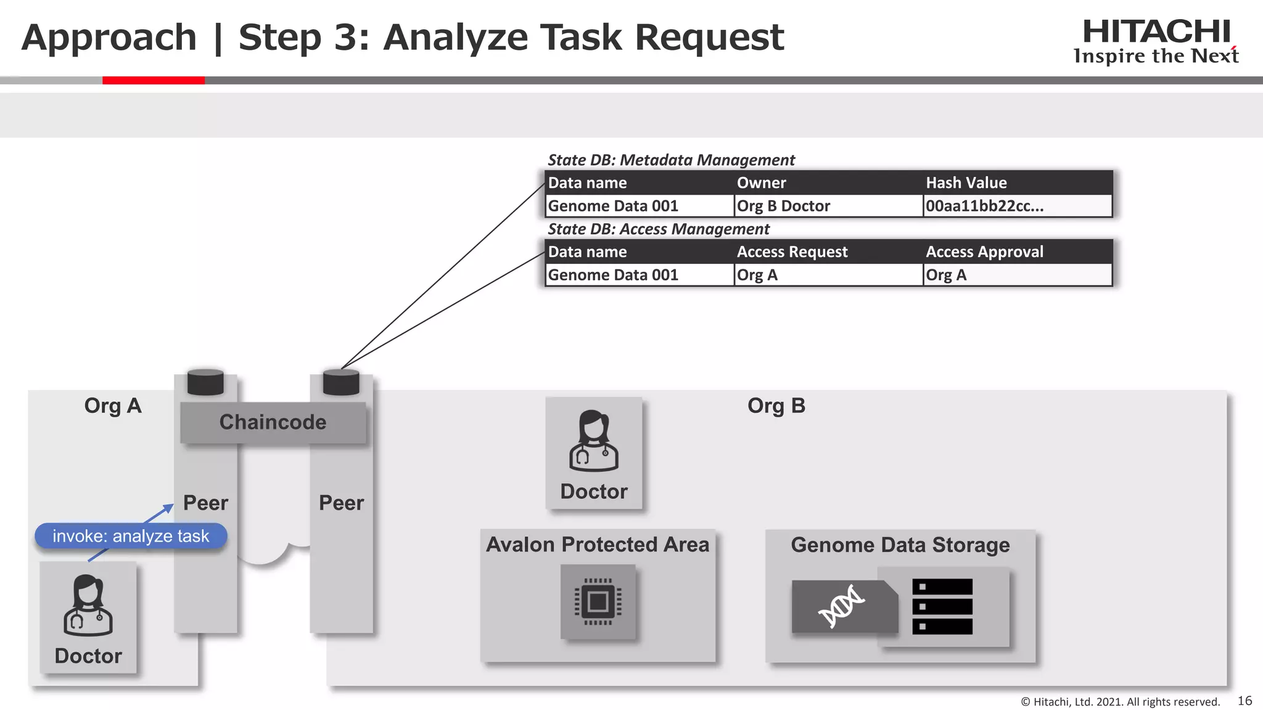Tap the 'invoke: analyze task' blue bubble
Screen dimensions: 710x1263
tap(131, 536)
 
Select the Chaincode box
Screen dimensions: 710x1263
tap(273, 422)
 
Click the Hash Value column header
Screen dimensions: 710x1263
tap(966, 183)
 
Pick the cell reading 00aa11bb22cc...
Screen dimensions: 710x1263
tap(984, 206)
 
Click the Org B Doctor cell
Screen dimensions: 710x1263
tap(783, 206)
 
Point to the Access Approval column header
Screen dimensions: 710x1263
tap(984, 252)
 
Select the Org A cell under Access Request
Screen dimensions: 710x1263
tap(757, 275)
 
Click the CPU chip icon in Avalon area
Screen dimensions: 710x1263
tap(598, 602)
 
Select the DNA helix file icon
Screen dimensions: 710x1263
tap(843, 606)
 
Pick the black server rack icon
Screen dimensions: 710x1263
tap(942, 606)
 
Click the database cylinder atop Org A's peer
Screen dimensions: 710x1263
tap(205, 382)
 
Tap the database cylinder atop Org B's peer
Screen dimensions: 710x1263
tap(341, 382)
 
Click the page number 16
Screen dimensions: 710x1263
tap(1244, 701)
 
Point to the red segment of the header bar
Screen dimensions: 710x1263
tap(153, 80)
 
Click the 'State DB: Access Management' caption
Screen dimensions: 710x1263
tap(658, 229)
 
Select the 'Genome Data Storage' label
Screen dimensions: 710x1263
tap(900, 545)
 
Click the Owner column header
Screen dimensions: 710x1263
tap(761, 183)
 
